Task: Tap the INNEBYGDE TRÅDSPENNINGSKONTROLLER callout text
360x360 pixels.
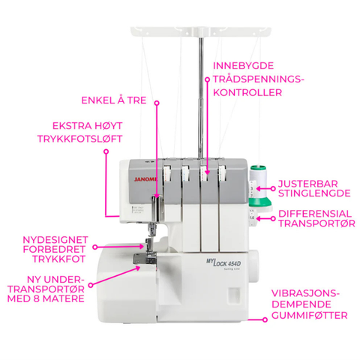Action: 247,79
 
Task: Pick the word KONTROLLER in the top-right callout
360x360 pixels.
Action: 247,92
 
